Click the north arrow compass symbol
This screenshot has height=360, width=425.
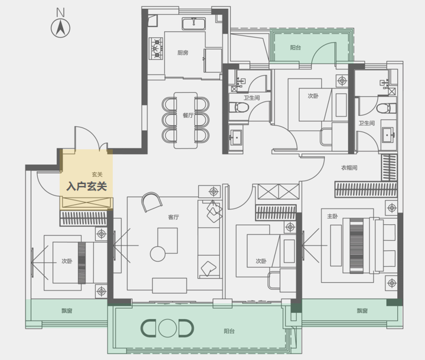point(60,28)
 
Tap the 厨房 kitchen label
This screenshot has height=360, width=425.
point(183,53)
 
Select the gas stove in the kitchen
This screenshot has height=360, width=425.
point(156,48)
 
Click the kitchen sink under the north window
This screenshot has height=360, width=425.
point(194,24)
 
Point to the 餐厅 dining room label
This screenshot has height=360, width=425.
point(188,115)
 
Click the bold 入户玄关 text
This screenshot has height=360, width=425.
point(87,186)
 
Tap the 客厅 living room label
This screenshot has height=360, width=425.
point(174,217)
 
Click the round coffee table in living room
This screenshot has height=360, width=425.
point(158,254)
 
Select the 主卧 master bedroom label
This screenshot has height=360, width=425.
point(332,216)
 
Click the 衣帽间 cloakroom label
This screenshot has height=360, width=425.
point(349,168)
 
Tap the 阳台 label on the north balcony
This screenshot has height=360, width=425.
point(296,48)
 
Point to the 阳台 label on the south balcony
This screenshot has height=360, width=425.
point(229,331)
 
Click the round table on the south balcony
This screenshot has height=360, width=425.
point(168,328)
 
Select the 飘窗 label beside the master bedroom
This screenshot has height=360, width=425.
point(362,310)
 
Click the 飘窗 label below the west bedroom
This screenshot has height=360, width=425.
point(67,310)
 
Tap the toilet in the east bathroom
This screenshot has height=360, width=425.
point(386,108)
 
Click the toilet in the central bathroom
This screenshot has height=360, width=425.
point(239,107)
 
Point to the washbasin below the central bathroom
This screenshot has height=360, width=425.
point(236,138)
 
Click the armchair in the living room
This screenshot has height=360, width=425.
point(152,202)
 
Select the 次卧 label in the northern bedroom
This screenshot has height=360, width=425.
point(313,96)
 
